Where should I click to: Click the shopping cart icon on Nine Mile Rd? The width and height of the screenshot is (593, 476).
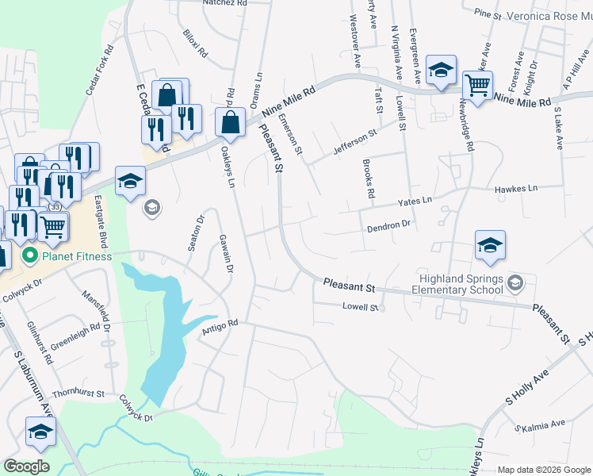tap(477, 85)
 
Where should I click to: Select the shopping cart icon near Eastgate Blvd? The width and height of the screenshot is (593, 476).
tap(53, 227)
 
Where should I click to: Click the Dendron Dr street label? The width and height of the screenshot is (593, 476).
tap(388, 226)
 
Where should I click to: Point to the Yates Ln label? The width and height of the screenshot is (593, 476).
tap(416, 202)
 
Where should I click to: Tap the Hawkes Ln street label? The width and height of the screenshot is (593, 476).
tap(515, 189)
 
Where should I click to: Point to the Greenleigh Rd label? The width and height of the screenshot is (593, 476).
tap(75, 336)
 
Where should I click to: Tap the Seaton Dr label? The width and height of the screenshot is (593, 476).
tap(195, 232)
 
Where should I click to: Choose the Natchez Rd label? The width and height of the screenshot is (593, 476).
tap(225, 3)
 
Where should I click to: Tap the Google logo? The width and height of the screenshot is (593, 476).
tap(26, 466)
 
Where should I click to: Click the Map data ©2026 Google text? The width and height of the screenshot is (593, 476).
tap(543, 470)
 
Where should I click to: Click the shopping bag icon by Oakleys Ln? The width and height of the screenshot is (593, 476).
tap(230, 123)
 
